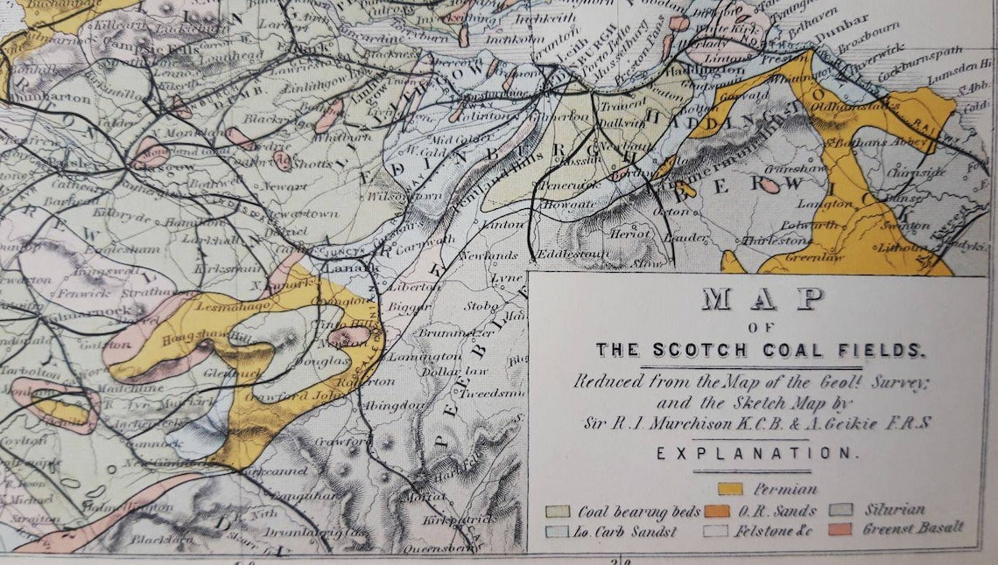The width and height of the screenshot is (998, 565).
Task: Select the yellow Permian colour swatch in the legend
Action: coord(729,489)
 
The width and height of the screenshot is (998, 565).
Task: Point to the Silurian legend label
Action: coord(895,509)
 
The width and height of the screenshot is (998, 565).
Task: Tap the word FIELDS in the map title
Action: coord(882,351)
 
